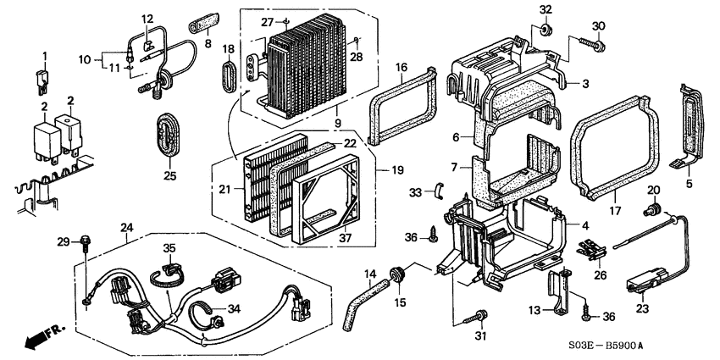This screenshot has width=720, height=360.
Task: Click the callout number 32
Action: [x=545, y=10]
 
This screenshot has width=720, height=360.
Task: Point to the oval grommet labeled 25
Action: [x=169, y=136]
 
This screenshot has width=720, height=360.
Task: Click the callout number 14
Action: [x=370, y=273]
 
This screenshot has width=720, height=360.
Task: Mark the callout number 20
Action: [x=654, y=189]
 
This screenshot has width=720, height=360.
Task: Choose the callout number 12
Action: [x=147, y=19]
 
